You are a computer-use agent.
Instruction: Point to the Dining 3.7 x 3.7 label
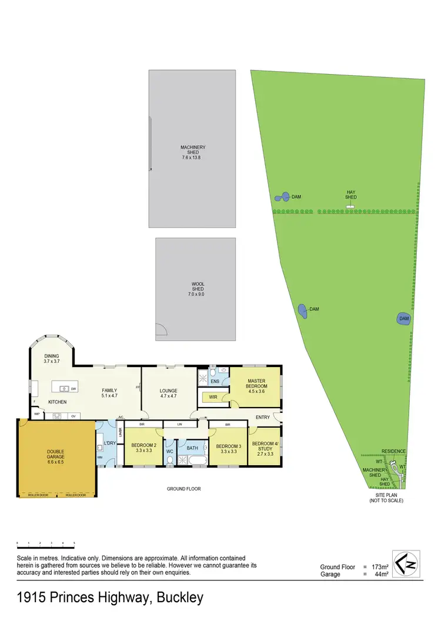pos(52,360)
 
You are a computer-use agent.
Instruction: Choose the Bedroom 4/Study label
pos(263,448)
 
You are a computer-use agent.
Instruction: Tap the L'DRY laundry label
pos(109,442)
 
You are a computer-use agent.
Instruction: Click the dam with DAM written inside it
pos(403,319)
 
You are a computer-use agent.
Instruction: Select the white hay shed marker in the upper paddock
pos(350,206)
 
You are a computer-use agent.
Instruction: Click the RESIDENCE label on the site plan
pos(393,451)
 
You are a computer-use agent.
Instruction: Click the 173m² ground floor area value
pos(372,567)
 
